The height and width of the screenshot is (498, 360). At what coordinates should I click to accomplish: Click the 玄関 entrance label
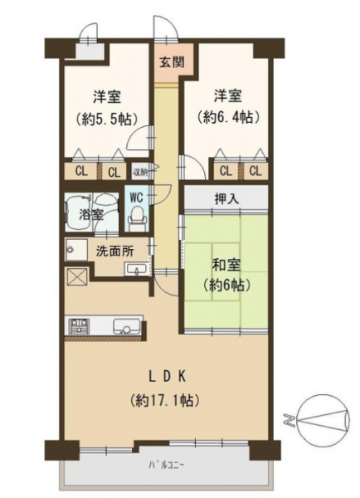point(172,62)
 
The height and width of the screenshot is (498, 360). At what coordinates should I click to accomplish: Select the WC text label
point(137,198)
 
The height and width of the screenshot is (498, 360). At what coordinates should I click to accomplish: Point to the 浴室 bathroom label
point(90,215)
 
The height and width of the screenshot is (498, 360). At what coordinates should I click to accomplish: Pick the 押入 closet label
point(226,199)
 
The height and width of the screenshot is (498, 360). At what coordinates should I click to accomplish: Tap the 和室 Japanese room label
point(226,265)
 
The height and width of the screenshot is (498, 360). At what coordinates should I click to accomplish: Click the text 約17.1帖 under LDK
point(164,401)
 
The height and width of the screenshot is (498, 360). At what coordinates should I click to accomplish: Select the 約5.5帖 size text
point(107,119)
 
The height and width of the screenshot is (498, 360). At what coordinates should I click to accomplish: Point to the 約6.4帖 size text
point(228,118)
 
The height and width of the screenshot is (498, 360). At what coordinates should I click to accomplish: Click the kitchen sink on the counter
point(125,326)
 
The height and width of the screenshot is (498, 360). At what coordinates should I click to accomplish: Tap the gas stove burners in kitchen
point(79,326)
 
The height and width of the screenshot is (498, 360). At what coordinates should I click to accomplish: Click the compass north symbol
point(324,420)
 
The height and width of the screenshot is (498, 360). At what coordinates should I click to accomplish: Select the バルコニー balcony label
point(167,466)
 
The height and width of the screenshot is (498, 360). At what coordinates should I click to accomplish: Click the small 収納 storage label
point(140,173)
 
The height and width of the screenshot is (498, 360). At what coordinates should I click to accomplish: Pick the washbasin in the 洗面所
point(137,270)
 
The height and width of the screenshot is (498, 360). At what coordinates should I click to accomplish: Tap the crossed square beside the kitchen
point(77,277)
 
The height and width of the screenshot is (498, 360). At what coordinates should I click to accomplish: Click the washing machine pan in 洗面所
point(76,249)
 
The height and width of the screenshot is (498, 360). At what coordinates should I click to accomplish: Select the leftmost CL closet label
point(81,172)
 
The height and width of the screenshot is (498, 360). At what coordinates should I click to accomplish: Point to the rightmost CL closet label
point(255,171)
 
